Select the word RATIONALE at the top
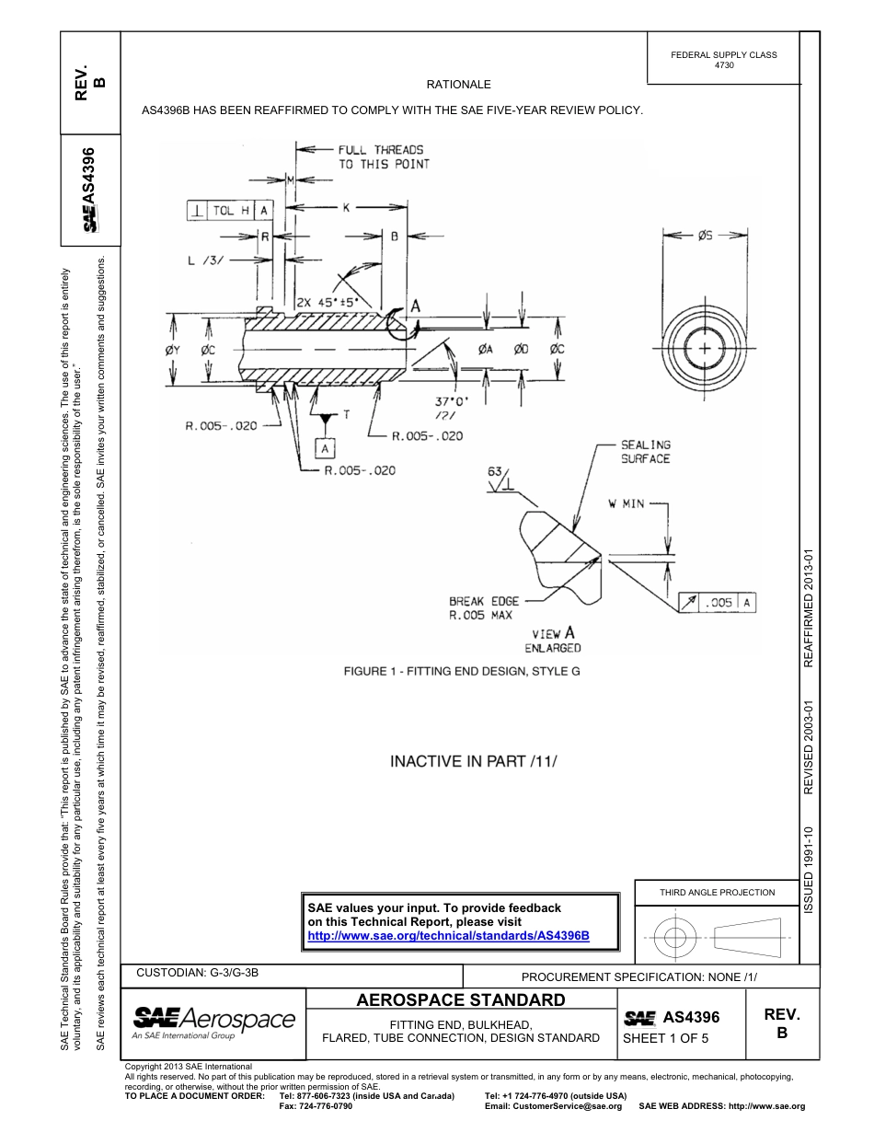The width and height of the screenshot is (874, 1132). point(459,85)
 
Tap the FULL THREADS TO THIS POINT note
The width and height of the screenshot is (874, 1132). point(382,156)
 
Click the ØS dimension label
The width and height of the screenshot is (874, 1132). point(705,236)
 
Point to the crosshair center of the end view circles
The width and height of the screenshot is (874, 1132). point(705,349)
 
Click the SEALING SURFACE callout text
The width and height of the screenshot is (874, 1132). point(646,452)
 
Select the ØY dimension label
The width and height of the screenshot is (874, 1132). point(173,349)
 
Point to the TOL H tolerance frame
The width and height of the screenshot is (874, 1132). point(229,211)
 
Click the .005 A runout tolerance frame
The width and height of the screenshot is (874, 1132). point(717,603)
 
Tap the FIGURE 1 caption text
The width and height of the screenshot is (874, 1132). point(462,671)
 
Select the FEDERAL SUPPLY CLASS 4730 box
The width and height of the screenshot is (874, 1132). point(724,60)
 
